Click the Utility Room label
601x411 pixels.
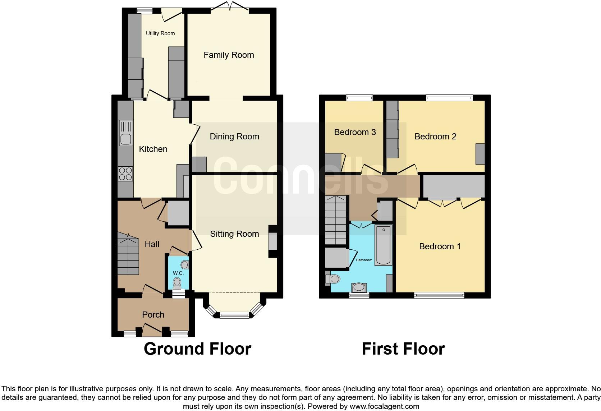point(160,33)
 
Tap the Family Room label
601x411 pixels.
point(229,55)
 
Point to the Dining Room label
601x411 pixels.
point(234,137)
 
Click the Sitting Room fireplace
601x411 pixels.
point(273,241)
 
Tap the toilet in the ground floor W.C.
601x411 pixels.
point(177,283)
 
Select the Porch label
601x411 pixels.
point(153,315)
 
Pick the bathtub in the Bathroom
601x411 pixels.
point(384,245)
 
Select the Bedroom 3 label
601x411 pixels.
point(355,132)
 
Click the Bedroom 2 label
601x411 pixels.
point(435,137)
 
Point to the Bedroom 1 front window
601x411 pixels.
point(439,295)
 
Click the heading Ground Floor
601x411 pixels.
point(197,349)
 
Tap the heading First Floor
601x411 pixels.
point(403,349)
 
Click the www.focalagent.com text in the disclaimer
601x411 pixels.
point(384,407)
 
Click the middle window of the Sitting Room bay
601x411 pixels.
point(234,315)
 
